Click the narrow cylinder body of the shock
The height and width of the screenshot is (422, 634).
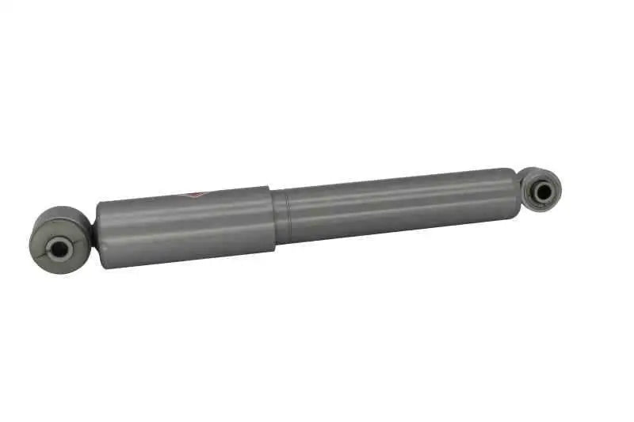pos(396,206)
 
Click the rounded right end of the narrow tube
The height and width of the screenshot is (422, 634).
pos(515,190)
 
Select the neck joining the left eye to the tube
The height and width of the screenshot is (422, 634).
pos(93,234)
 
